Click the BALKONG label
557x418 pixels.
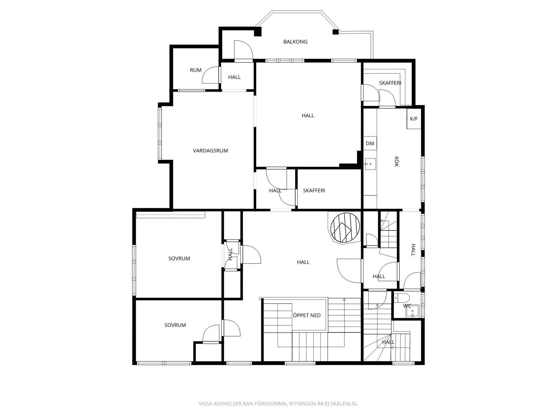(x=295, y=42)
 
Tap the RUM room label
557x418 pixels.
(x=196, y=70)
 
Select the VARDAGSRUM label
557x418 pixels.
(x=210, y=151)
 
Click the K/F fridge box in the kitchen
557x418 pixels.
(x=414, y=119)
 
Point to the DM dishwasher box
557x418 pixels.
(x=370, y=143)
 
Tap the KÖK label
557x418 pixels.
(x=397, y=162)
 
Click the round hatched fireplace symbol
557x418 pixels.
(x=345, y=228)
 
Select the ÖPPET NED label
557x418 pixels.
(x=307, y=316)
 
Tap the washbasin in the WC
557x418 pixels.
(x=412, y=311)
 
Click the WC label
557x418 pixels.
(x=407, y=306)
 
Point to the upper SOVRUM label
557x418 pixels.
(x=179, y=259)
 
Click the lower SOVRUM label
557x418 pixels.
(x=175, y=325)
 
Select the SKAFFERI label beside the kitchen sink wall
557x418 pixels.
(x=314, y=191)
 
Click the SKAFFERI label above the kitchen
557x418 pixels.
(x=390, y=83)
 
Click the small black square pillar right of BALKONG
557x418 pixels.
(x=336, y=32)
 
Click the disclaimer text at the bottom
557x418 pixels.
(x=278, y=404)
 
